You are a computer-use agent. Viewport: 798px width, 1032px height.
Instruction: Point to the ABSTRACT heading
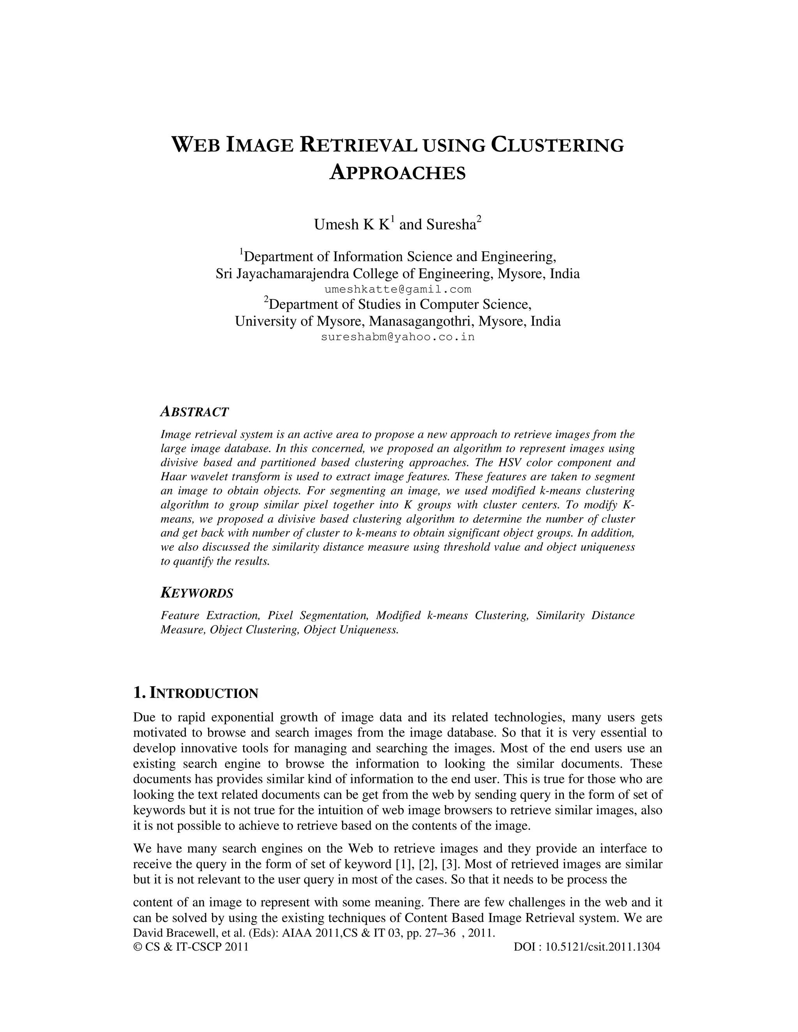point(194,412)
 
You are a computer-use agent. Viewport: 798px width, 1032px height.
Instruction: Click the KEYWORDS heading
point(197,593)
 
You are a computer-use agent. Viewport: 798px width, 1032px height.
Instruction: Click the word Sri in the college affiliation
point(222,274)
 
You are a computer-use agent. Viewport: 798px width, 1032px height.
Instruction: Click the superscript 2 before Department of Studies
point(266,299)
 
